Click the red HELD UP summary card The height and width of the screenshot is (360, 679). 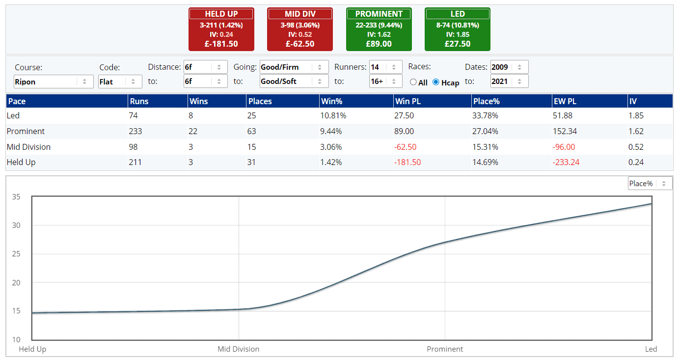click(221, 29)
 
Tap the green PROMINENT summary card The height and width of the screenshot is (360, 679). click(379, 29)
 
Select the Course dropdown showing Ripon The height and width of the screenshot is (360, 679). click(54, 82)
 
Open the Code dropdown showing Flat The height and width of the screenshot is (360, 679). click(120, 82)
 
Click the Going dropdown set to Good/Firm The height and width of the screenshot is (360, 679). click(294, 67)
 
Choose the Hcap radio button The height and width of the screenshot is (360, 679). click(436, 82)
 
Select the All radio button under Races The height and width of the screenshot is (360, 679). click(413, 82)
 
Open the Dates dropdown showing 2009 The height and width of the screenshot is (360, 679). click(509, 67)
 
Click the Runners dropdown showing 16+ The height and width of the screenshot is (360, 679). click(385, 81)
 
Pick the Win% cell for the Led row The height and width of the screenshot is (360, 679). click(334, 116)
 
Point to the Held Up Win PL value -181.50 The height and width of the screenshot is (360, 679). click(407, 162)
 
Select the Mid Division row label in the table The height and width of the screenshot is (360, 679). click(28, 147)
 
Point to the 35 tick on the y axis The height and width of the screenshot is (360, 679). click(16, 197)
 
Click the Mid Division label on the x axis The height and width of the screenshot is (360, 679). click(238, 349)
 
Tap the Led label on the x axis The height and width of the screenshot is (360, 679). click(651, 349)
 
